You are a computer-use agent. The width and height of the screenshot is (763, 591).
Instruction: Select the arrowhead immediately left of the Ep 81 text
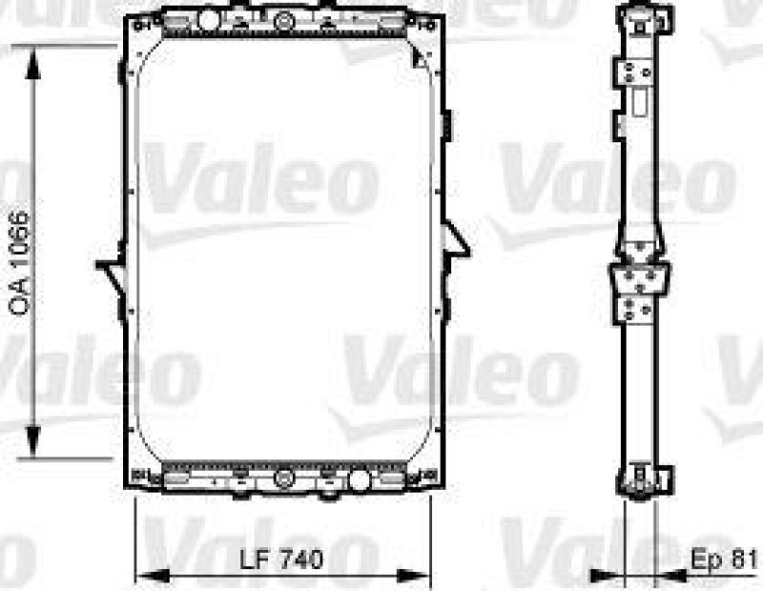[x=670, y=575]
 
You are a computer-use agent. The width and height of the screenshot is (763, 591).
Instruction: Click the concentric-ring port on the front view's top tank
[x=284, y=20]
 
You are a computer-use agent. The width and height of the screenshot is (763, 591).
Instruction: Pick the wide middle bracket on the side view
[x=635, y=280]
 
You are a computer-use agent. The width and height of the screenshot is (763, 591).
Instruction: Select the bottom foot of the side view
[x=643, y=481]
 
